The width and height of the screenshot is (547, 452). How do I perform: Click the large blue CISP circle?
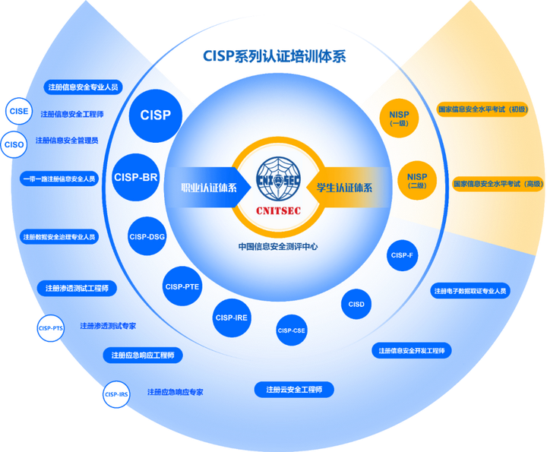(156, 115)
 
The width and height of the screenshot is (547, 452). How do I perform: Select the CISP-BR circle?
(136, 177)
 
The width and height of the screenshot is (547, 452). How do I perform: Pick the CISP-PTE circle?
(182, 286)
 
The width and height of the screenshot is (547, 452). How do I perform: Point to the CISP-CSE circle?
(291, 330)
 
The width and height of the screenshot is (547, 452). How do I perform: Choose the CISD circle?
(356, 305)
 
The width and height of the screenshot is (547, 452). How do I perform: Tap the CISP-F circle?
(402, 255)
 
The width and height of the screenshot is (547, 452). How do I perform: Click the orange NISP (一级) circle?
(399, 119)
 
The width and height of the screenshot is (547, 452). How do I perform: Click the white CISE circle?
(19, 112)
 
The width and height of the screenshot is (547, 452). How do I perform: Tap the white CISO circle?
(14, 144)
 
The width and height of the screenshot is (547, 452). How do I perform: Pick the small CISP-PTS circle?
(51, 328)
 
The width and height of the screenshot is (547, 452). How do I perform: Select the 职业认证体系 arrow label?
(207, 188)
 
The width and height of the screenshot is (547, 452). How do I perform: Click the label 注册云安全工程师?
(294, 390)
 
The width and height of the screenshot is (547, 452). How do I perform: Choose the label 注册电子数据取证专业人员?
(470, 291)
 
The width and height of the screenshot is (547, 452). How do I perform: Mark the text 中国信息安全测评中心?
(278, 246)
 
